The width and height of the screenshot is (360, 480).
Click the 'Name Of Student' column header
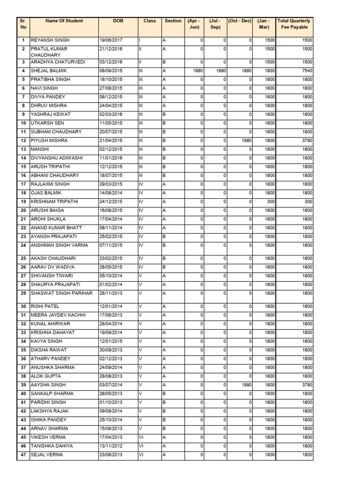pos(64,21)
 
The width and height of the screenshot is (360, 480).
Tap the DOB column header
pos(118,21)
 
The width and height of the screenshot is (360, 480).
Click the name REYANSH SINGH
pos(50,41)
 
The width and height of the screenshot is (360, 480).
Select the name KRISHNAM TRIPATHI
pos(54,202)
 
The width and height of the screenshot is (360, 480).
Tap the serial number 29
pos(22,293)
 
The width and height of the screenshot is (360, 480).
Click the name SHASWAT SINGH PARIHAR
pos(61,293)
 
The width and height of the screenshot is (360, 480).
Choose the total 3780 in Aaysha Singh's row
pos(307,385)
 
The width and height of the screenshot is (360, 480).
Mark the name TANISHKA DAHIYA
pos(52,446)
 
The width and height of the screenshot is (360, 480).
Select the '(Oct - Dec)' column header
pos(240,21)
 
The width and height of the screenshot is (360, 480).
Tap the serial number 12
pos(22,141)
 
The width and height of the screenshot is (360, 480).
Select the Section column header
pos(173,21)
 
